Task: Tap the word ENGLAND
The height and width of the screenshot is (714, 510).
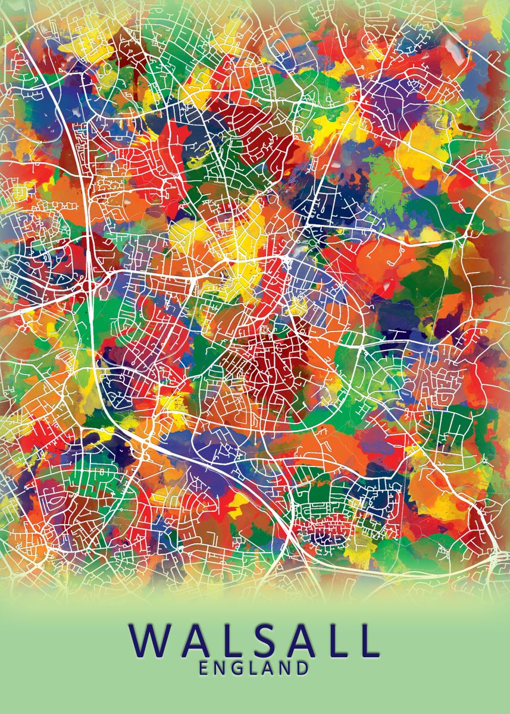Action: coord(254,668)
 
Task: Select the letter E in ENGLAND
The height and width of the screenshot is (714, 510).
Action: coord(204,668)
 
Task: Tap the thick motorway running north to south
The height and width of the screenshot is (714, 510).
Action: coord(93,333)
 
